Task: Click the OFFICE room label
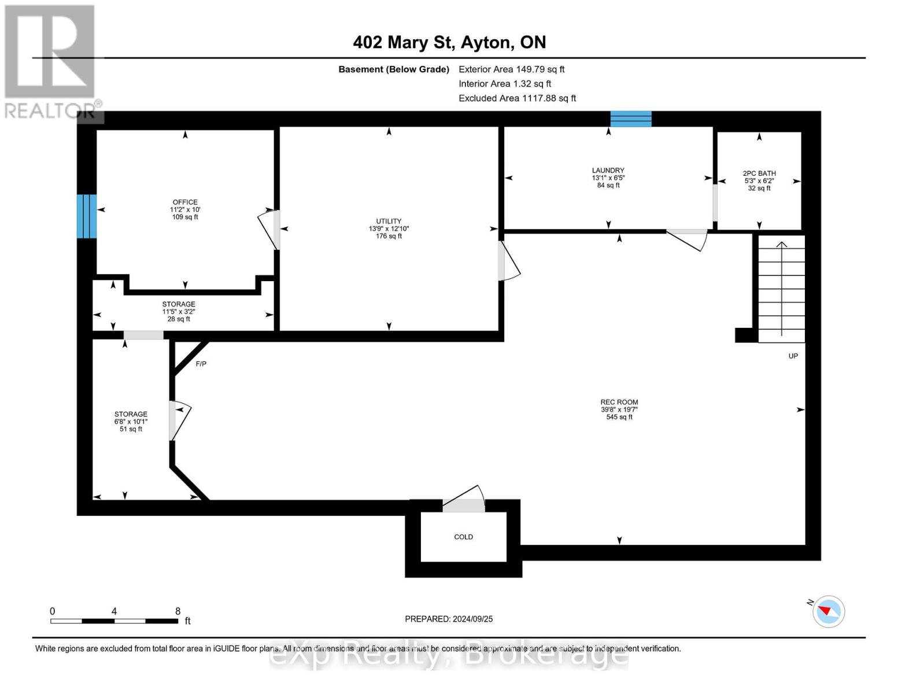(x=185, y=202)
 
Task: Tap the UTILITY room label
(x=389, y=222)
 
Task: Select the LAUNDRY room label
(x=608, y=171)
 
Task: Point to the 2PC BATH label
(x=759, y=173)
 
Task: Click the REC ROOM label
(x=619, y=403)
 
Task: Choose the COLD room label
(x=463, y=537)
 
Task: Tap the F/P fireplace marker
(x=201, y=364)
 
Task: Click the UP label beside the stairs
(x=793, y=356)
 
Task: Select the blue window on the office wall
(x=87, y=216)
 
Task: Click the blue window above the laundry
(x=631, y=119)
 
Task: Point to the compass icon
(x=828, y=611)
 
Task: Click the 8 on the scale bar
(x=178, y=611)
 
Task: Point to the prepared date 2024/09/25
(x=449, y=619)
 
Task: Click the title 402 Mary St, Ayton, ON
(x=449, y=42)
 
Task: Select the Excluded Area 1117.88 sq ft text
(x=517, y=98)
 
